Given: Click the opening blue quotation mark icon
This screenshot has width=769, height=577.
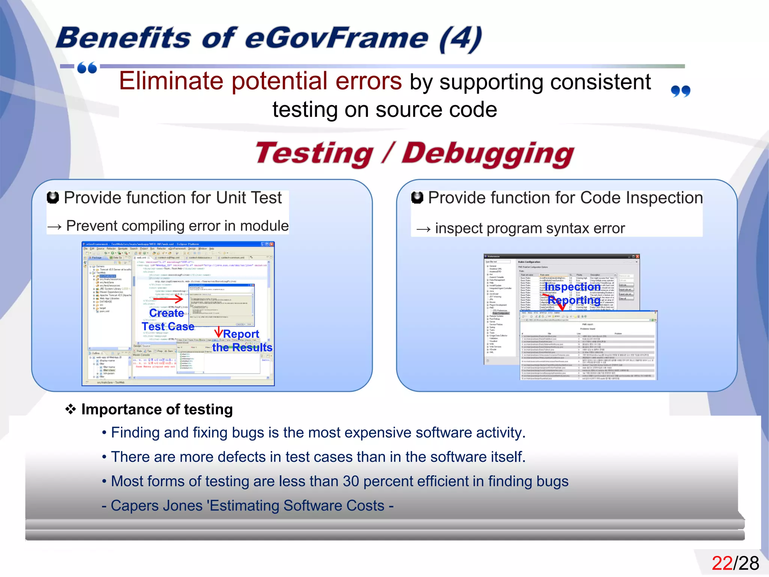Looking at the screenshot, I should click(x=87, y=68).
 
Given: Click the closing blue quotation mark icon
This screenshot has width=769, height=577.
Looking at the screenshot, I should click(x=680, y=91).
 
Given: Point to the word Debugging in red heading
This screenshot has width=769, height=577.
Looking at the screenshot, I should click(x=487, y=154).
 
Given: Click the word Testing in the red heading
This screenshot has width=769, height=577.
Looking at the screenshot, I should click(x=314, y=154).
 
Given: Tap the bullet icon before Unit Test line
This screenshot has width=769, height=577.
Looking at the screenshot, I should click(x=53, y=198).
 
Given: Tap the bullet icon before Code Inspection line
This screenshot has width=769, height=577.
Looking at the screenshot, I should click(x=417, y=198).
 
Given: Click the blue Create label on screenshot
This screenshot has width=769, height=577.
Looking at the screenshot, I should click(x=166, y=313).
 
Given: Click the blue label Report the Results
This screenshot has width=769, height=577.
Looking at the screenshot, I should click(x=242, y=341).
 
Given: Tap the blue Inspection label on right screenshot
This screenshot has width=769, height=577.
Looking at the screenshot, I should click(x=572, y=287).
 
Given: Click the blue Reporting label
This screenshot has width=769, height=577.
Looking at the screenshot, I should click(x=573, y=300).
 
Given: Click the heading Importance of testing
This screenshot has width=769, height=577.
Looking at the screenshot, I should click(x=157, y=409).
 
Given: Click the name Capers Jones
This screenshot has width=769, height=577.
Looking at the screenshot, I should click(x=157, y=506).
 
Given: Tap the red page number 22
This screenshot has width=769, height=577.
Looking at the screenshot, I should click(x=722, y=563).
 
